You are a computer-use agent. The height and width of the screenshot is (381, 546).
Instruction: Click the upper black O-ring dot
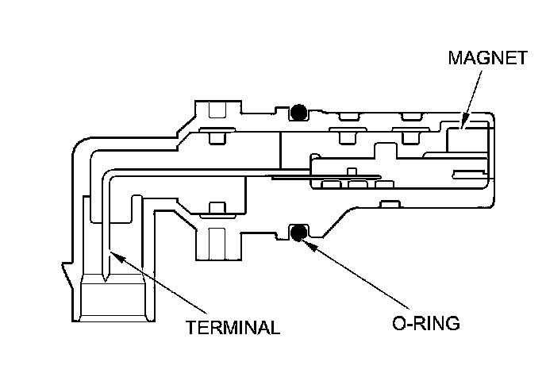(x=298, y=113)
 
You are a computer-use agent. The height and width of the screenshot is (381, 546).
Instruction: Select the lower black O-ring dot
(x=298, y=233)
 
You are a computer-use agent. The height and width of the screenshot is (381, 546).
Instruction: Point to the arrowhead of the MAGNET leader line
(x=463, y=125)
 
